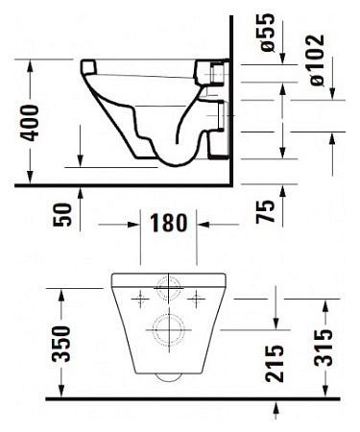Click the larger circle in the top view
pos(170,329)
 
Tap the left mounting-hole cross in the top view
pos(141,296)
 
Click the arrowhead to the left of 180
pos(136,225)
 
